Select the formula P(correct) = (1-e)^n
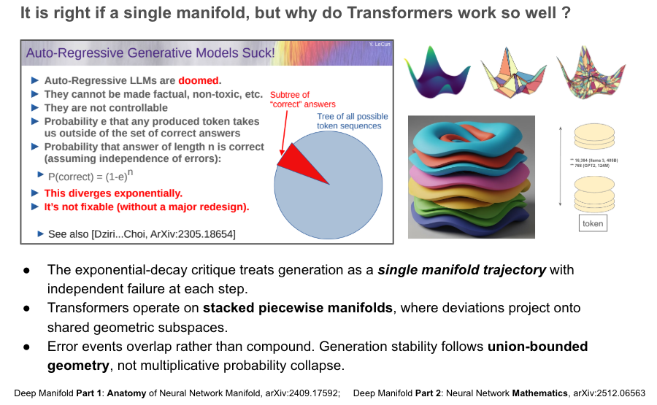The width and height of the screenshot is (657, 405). click(91, 176)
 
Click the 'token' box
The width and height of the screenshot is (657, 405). click(592, 223)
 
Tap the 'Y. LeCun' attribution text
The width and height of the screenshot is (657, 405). click(380, 45)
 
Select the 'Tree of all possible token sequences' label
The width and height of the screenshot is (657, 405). click(353, 121)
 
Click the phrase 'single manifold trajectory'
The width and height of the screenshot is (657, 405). click(461, 270)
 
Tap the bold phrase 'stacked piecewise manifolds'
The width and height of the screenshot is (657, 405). click(299, 308)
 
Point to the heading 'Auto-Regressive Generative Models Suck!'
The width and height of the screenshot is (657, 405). click(150, 53)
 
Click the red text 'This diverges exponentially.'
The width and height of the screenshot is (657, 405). click(113, 193)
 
